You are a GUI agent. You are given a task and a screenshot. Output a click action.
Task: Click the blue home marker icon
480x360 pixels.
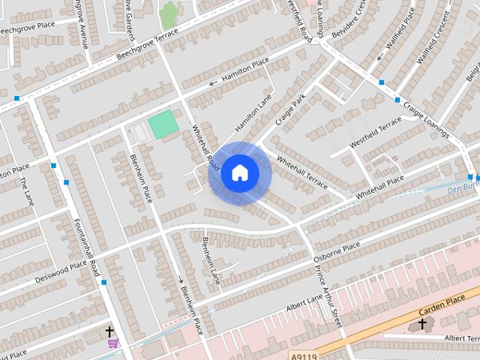point(239,173)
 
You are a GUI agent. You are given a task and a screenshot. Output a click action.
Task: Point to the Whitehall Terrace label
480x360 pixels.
point(302,171)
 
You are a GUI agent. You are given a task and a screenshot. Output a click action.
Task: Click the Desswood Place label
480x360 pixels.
point(61,271)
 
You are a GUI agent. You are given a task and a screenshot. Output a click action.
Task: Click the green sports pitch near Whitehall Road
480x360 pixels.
point(163,124)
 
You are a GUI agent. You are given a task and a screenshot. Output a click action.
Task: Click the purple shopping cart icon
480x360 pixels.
point(112,343)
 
